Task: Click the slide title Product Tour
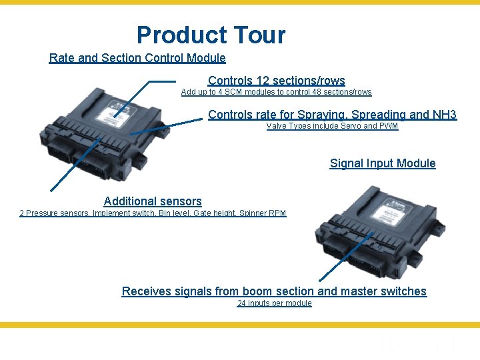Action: click(x=211, y=35)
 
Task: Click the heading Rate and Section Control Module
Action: click(x=137, y=58)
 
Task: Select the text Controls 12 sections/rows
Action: click(x=276, y=81)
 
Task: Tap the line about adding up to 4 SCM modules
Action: click(x=276, y=92)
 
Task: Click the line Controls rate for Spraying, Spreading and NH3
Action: click(x=332, y=115)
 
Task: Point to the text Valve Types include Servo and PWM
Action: click(x=332, y=126)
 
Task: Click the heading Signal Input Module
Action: click(x=383, y=163)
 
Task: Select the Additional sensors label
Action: click(x=153, y=201)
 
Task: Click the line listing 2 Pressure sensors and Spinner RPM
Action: click(x=153, y=213)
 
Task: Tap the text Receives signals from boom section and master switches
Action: click(x=274, y=291)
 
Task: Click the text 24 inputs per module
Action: click(x=274, y=303)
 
